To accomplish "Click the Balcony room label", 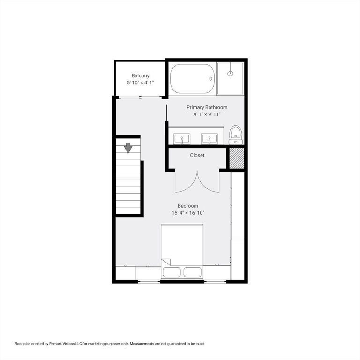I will point(140,75).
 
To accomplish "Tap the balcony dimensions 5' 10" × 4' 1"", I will point(140,82).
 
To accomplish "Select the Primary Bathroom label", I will point(207,107).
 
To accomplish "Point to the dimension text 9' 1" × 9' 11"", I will point(207,114).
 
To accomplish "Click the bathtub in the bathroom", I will point(192,78).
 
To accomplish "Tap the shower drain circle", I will point(230,74).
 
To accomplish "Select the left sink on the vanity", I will point(182,138).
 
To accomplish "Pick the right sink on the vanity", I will point(209,138).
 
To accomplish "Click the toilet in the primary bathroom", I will point(235,135).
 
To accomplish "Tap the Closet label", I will point(197,155).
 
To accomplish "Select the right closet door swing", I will point(209,183).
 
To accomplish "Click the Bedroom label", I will point(187,206).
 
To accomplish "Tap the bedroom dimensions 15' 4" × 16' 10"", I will point(187,213).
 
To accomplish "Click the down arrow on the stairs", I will point(128,148).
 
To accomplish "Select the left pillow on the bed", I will point(172,272).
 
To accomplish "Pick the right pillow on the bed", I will point(193,272).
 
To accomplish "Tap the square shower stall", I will point(230,78).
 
